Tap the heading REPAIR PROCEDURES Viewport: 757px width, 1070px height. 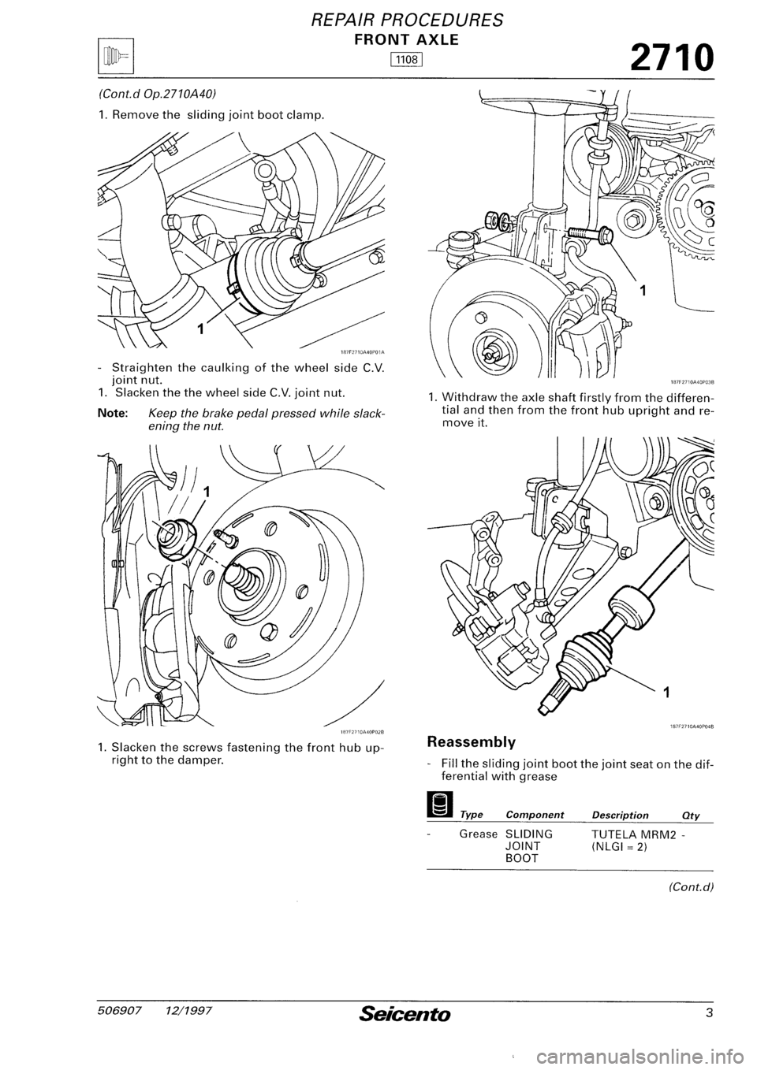tap(378, 18)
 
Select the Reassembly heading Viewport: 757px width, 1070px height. tap(472, 741)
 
